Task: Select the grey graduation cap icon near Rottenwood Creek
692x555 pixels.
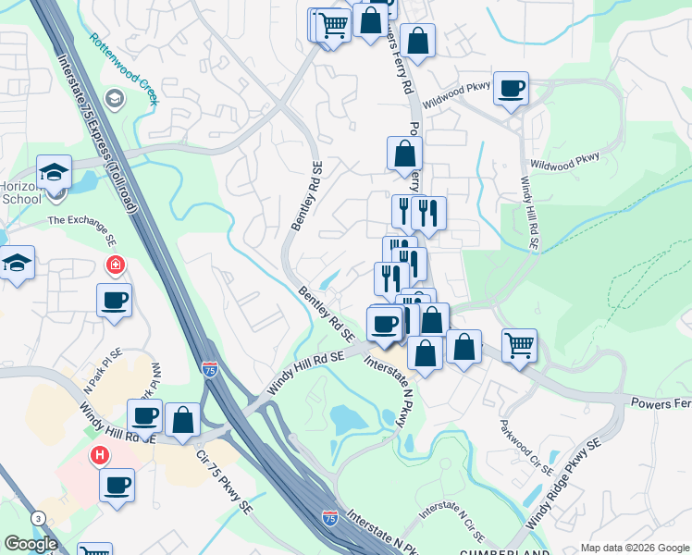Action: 115,99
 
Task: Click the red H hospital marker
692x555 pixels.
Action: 99,455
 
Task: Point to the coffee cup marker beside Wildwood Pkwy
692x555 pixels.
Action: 511,89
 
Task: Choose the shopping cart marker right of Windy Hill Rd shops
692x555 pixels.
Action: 520,345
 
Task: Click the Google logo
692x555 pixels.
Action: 31,544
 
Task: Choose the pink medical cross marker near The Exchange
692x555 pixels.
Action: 116,266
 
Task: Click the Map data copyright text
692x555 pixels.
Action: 636,548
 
